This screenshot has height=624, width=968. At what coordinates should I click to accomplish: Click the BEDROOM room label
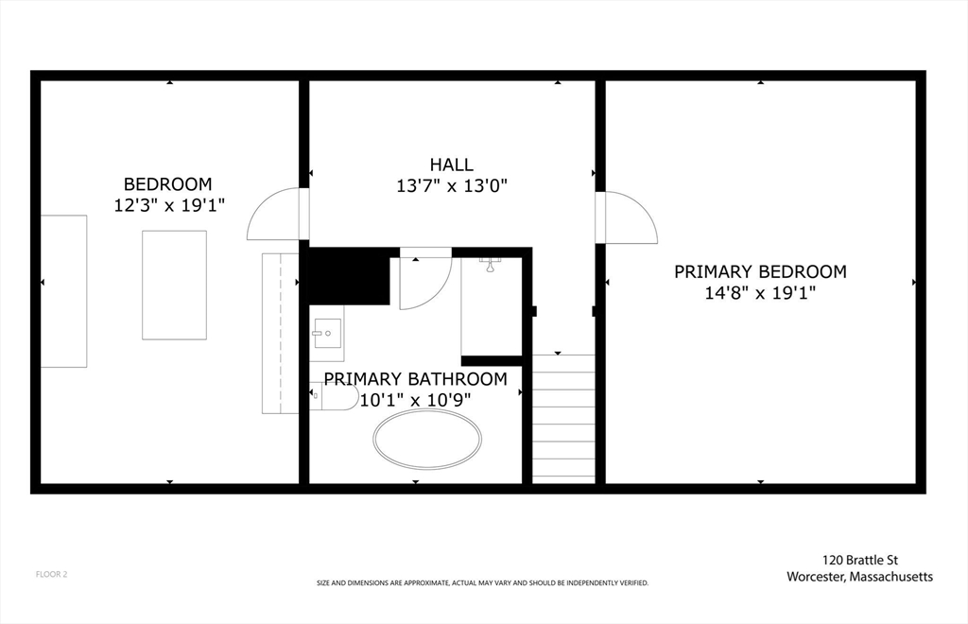point(168,183)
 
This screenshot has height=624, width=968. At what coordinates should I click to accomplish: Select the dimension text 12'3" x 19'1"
point(168,205)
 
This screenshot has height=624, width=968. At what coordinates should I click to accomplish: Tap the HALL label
point(451,165)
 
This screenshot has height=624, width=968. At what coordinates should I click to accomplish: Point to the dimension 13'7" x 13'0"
point(452,186)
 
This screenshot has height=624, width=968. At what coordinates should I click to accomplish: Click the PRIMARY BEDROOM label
point(760,271)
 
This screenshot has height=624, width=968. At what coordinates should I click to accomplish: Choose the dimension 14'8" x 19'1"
point(760,293)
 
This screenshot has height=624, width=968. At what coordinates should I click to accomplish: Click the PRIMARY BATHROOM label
point(415,379)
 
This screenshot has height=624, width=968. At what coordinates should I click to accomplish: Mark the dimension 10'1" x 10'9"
point(415,400)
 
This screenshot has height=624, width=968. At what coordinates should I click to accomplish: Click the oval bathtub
point(427,439)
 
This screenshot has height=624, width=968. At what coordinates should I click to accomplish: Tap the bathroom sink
point(327,332)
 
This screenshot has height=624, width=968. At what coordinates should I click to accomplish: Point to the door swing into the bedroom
point(276,215)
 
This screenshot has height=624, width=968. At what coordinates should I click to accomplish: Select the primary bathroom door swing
point(423,281)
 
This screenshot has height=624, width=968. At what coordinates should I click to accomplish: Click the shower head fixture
point(490,264)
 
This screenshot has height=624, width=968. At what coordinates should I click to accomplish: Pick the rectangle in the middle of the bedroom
point(174,285)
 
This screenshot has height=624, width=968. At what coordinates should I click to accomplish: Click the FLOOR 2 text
point(51,574)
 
